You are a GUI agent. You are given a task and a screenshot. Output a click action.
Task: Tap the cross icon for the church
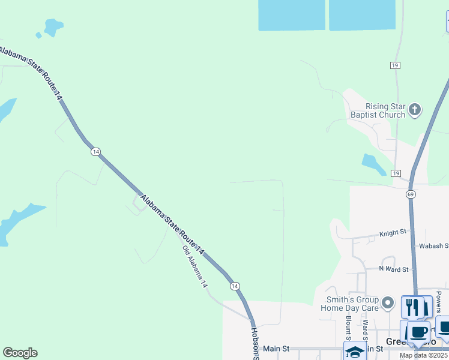(x=415, y=109)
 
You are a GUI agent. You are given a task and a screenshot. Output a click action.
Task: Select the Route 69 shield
(x=411, y=194)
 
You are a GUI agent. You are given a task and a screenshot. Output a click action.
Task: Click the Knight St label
(x=393, y=232)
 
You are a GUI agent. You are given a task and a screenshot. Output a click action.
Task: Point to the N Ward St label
(x=393, y=269)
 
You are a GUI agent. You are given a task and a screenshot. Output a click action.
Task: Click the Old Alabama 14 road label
(x=194, y=268)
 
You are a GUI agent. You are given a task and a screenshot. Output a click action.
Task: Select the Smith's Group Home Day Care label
(x=352, y=304)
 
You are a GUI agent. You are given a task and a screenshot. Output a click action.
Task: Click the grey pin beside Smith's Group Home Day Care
(x=388, y=303)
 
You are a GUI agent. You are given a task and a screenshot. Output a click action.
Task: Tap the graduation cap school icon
(x=355, y=352)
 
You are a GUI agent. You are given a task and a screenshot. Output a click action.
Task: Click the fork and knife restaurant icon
(x=412, y=307)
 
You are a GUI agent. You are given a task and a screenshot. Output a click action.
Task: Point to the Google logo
(x=20, y=353)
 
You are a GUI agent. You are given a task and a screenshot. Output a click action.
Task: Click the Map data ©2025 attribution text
(x=424, y=355)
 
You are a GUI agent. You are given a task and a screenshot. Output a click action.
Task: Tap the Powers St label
(x=439, y=302)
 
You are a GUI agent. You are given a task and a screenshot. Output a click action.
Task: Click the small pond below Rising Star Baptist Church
(x=373, y=164)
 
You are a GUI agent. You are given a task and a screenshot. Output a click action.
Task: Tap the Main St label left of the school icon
(x=276, y=349)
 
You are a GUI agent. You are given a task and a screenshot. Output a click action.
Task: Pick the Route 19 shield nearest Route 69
(x=395, y=173)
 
